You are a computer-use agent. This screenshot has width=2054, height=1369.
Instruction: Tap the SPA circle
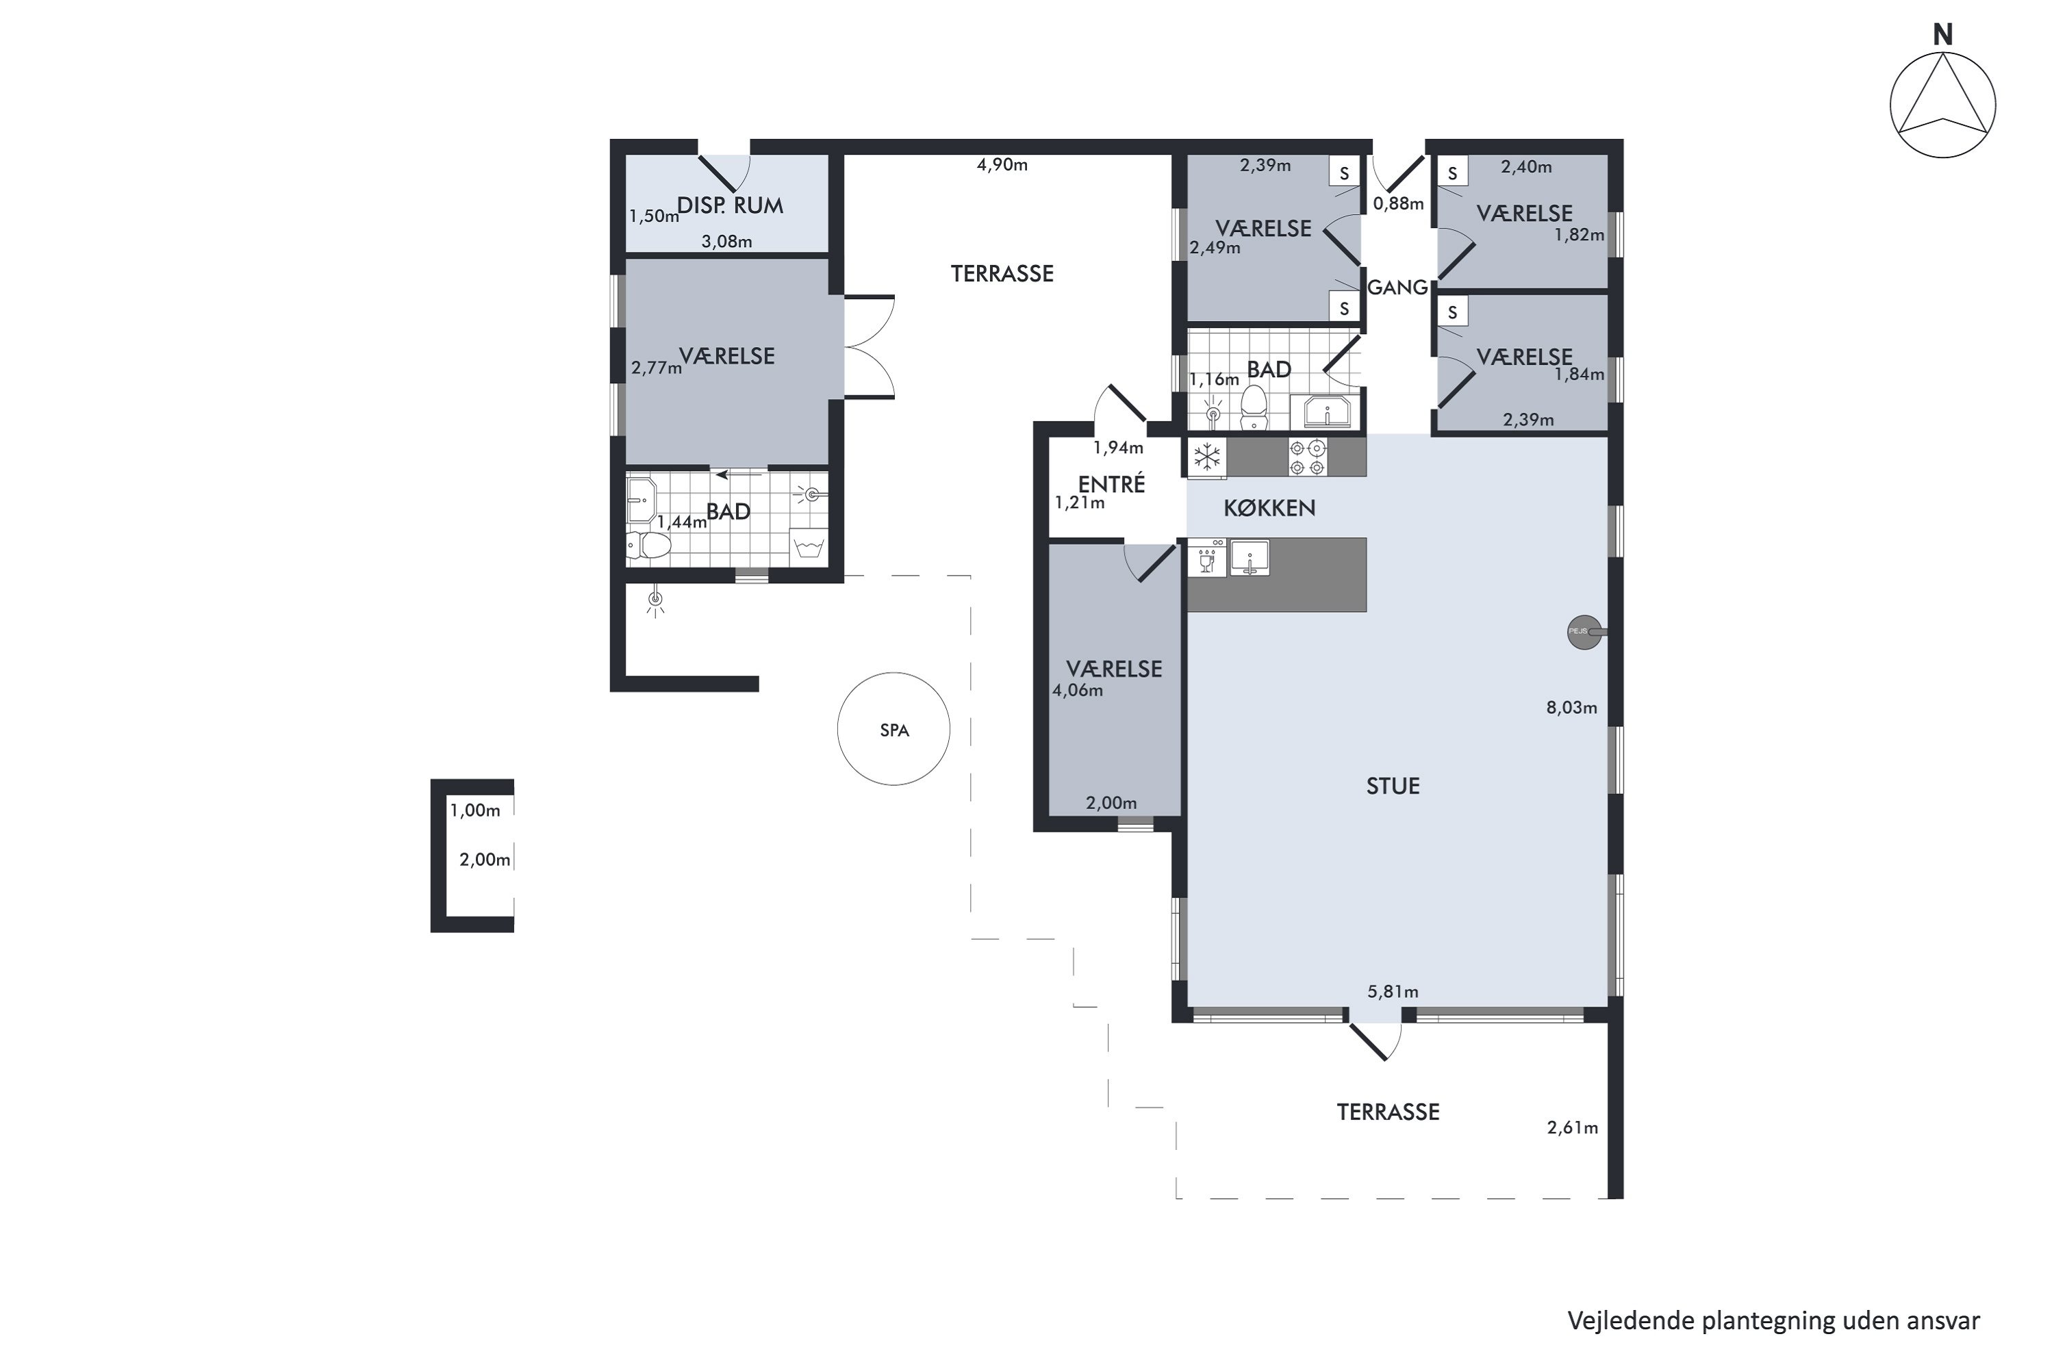click(893, 673)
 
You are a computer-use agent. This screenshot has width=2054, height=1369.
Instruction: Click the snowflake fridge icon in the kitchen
click(1207, 457)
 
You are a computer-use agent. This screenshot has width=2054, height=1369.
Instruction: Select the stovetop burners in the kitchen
click(1307, 457)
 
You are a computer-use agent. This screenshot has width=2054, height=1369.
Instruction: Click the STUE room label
click(1393, 786)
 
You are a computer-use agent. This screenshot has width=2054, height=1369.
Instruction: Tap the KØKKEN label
click(1269, 508)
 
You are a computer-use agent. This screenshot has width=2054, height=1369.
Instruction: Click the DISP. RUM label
click(730, 205)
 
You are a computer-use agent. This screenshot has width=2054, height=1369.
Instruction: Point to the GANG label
click(1397, 287)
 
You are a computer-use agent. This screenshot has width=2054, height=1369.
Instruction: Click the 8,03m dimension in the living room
click(1572, 707)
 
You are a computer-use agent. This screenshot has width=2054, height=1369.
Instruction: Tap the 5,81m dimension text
click(1393, 991)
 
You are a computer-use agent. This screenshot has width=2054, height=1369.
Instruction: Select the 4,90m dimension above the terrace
click(1002, 164)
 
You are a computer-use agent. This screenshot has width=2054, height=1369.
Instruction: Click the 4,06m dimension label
click(1078, 691)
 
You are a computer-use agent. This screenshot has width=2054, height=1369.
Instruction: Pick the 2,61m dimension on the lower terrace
click(1572, 1127)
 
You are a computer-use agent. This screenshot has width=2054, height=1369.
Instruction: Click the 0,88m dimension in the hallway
click(1398, 203)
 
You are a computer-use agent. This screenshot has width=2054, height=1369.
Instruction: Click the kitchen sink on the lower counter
click(1250, 558)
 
